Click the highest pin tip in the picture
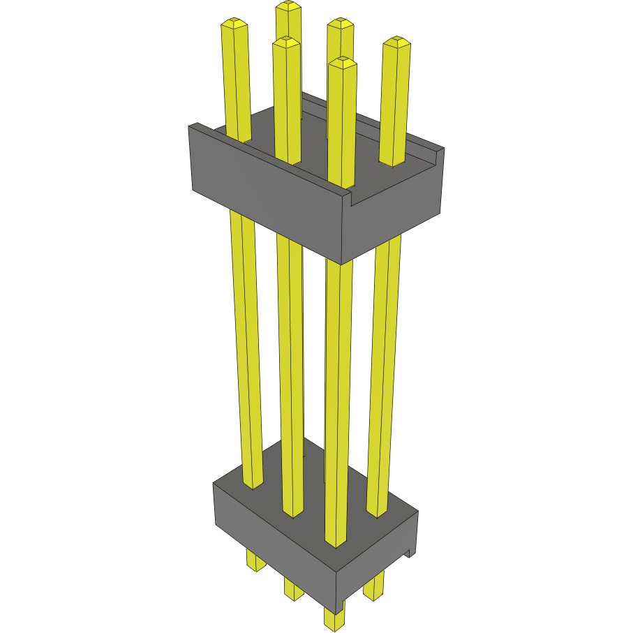pyautogui.click(x=288, y=6)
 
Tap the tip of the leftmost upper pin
pyautogui.click(x=234, y=25)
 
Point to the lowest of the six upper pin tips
pyautogui.click(x=342, y=63)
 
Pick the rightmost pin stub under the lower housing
pyautogui.click(x=374, y=586)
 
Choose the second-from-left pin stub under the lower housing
pyautogui.click(x=293, y=588)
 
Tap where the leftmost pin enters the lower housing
pyautogui.click(x=253, y=484)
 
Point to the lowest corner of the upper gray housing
pyautogui.click(x=341, y=264)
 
